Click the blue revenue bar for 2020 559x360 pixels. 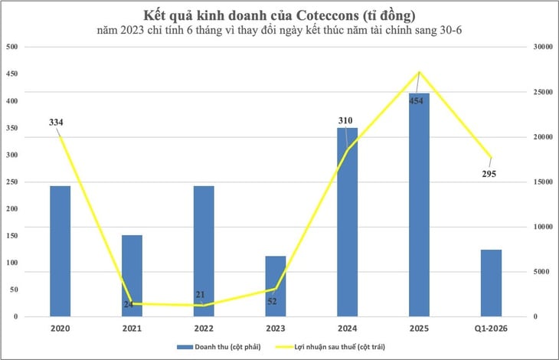pyautogui.click(x=60, y=250)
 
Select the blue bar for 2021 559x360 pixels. pyautogui.click(x=132, y=275)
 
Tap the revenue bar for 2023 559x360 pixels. pyautogui.click(x=276, y=286)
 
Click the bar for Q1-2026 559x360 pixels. pyautogui.click(x=491, y=283)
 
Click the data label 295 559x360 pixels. pyautogui.click(x=488, y=174)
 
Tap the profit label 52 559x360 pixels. pyautogui.click(x=272, y=301)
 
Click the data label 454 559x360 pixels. pyautogui.click(x=417, y=100)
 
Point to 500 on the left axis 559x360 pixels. pyautogui.click(x=12, y=47)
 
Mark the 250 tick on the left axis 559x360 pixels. pyautogui.click(x=12, y=182)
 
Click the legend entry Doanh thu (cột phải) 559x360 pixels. pyautogui.click(x=223, y=347)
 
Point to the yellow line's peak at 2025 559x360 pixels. pyautogui.click(x=419, y=72)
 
